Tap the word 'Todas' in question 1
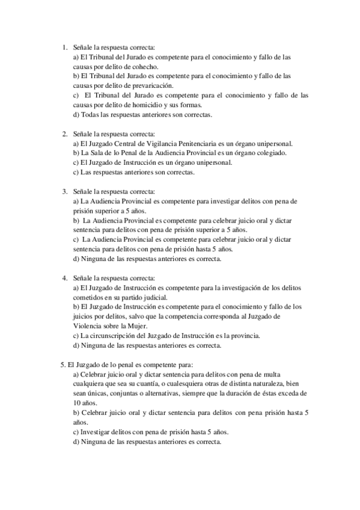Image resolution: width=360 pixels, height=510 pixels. coord(91,114)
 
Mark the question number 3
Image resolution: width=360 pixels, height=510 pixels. coord(65,191)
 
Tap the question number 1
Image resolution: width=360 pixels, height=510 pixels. coord(65,47)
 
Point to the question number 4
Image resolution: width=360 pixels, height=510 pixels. coord(65,278)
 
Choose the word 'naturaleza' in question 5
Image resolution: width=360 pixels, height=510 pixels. coord(272,384)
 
